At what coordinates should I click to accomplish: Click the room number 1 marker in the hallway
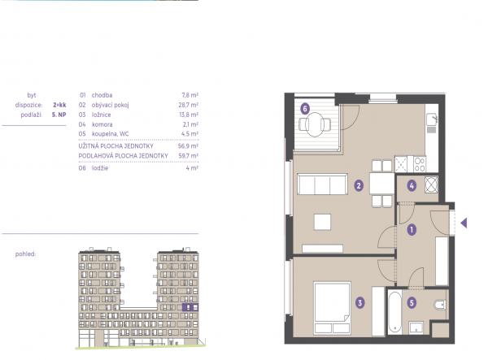(x=412, y=230)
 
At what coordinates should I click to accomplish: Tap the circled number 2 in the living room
(x=359, y=185)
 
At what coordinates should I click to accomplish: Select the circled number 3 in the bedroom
(x=359, y=302)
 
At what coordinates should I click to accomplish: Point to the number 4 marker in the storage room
(x=412, y=185)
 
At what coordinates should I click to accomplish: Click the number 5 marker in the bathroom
(x=412, y=302)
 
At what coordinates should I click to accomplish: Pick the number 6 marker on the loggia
(x=305, y=109)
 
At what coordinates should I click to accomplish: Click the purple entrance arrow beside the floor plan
(x=464, y=223)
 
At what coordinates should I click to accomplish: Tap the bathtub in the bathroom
(x=394, y=312)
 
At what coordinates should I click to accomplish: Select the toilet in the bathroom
(x=440, y=305)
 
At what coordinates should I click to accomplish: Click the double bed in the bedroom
(x=332, y=308)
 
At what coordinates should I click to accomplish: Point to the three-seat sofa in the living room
(x=322, y=184)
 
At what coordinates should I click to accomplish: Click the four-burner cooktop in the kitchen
(x=420, y=164)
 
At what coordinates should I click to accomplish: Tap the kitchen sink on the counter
(x=432, y=119)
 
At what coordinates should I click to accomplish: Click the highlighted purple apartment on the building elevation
(x=190, y=307)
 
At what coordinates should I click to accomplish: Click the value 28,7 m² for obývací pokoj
(x=189, y=105)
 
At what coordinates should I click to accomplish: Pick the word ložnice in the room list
(x=101, y=115)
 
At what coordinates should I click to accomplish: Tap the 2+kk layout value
(x=59, y=105)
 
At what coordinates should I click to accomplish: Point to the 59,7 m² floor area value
(x=189, y=156)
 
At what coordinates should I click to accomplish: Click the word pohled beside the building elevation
(x=25, y=254)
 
